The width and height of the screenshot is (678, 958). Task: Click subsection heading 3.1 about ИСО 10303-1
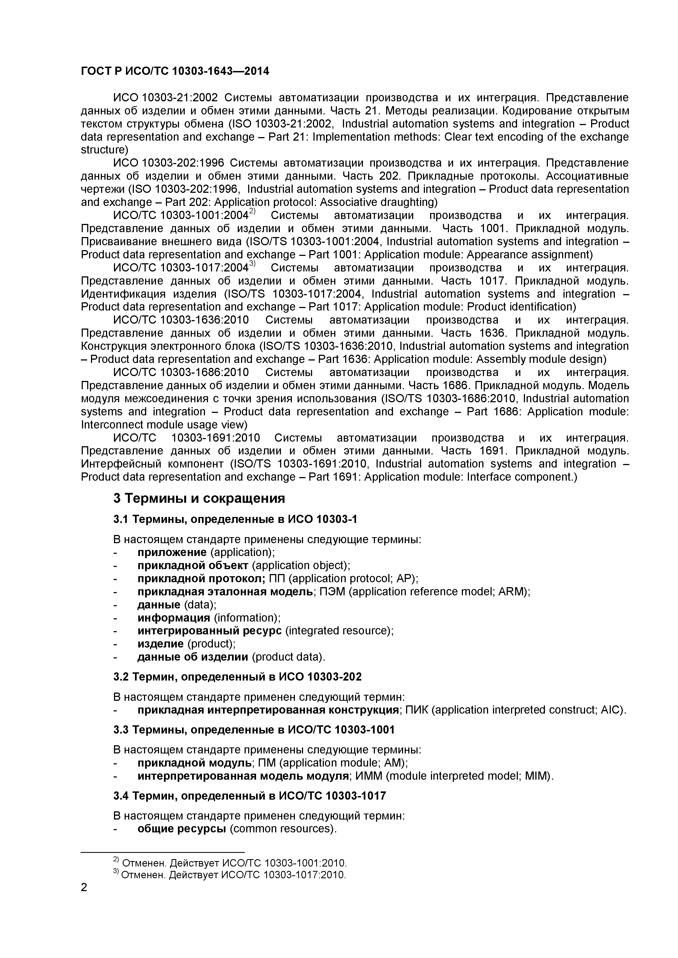[235, 519]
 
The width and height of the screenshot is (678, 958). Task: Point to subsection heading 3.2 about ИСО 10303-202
[237, 676]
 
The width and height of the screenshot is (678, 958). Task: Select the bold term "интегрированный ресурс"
[210, 631]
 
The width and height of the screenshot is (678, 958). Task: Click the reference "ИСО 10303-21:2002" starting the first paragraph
[166, 98]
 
